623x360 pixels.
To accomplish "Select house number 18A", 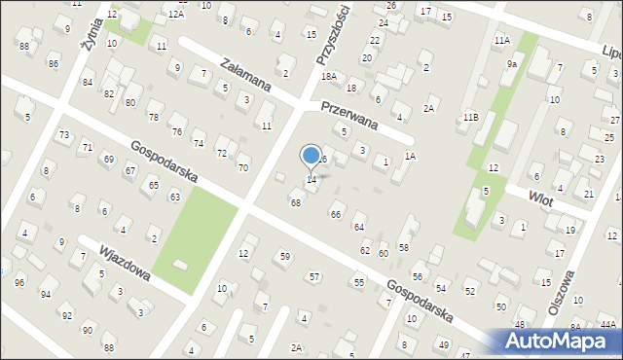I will [329, 76].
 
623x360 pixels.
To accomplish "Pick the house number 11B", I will [470, 117].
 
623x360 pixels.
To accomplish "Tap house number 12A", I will [175, 14].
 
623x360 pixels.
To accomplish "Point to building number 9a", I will [511, 63].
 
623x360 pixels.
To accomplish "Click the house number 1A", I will [411, 156].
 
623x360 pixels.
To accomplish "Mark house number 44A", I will [607, 325].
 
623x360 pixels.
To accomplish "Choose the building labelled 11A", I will [501, 40].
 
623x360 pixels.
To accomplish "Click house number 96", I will [19, 283].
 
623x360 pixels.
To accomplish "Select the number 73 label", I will [64, 134].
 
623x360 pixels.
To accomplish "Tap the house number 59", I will [284, 257].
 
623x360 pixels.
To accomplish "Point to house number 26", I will [390, 6].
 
